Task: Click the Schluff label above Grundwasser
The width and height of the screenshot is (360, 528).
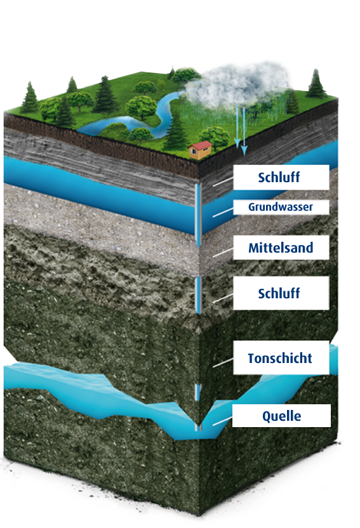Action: [x=279, y=177]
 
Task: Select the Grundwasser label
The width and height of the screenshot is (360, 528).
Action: [x=280, y=207]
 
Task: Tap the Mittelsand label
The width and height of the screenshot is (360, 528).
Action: [x=281, y=247]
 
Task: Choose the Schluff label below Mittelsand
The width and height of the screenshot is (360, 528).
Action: [x=279, y=293]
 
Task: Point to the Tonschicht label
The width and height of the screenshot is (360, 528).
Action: [x=280, y=358]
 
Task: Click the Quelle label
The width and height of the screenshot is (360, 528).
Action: [x=281, y=416]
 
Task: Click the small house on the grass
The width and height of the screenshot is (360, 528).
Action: [x=201, y=150]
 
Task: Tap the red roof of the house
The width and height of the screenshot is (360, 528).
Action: [x=201, y=145]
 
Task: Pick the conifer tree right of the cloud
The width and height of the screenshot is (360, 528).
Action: [x=316, y=84]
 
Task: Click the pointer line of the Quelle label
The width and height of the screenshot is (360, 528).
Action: [x=222, y=421]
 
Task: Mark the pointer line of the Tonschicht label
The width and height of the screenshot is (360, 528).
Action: [x=223, y=362]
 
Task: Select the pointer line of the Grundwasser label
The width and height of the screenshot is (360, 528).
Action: [x=223, y=212]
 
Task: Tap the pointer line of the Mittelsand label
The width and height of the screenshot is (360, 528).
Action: [x=223, y=253]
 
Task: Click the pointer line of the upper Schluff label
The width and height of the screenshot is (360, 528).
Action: [x=223, y=182]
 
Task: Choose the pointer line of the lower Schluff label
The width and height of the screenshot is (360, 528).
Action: [x=223, y=298]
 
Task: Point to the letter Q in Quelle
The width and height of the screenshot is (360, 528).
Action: [x=267, y=416]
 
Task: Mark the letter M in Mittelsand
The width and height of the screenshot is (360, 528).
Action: [x=254, y=248]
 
